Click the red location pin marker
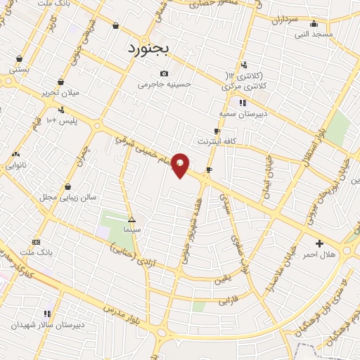click(181, 165)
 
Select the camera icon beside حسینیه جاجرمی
click(164, 73)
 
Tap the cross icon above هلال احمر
click(320, 243)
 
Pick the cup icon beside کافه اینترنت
click(217, 131)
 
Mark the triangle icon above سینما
click(131, 219)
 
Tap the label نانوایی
click(16, 165)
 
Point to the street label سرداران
click(284, 20)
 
